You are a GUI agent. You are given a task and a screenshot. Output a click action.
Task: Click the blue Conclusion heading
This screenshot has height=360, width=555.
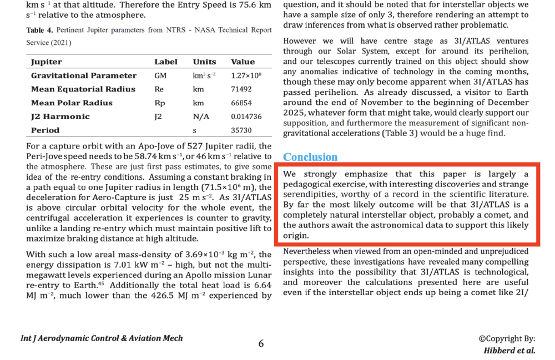310,157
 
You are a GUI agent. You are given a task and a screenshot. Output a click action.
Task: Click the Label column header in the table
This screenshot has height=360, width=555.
165,62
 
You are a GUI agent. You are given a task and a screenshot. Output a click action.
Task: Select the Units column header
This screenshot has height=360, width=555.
204,62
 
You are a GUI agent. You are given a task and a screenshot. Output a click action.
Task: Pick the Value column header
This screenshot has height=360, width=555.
243,62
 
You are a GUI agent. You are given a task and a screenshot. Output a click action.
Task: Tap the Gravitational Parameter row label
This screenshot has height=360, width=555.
84,75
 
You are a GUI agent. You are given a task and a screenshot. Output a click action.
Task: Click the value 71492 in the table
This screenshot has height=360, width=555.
241,89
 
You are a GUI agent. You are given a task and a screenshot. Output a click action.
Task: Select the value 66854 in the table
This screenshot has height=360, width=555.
241,103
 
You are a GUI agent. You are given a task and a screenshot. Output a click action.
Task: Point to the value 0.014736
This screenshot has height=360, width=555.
246,116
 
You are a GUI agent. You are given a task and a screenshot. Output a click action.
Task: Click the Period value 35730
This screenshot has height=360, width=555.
241,130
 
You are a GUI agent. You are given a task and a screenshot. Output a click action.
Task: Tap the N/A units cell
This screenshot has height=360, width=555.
200,116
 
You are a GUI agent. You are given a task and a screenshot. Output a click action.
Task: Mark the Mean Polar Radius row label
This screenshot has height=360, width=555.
72,103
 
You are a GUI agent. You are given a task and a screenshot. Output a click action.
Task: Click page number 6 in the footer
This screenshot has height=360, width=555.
261,343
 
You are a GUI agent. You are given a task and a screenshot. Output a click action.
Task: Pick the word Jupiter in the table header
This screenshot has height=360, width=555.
47,62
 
